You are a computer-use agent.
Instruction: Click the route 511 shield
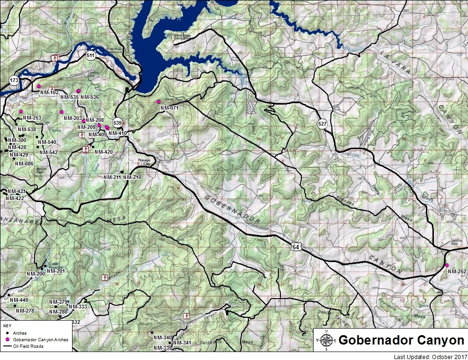[91, 56]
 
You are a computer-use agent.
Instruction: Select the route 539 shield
[117, 123]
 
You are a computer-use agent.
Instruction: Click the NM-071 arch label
[169, 108]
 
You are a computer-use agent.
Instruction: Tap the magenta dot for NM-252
[447, 265]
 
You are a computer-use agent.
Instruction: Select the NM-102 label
[50, 92]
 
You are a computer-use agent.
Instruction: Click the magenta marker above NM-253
[21, 112]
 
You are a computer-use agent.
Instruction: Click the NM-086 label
[24, 164]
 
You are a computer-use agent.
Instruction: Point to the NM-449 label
[19, 300]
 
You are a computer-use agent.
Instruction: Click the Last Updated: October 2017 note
[427, 356]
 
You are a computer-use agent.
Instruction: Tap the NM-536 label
[90, 97]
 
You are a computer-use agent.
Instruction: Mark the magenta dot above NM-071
[159, 102]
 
